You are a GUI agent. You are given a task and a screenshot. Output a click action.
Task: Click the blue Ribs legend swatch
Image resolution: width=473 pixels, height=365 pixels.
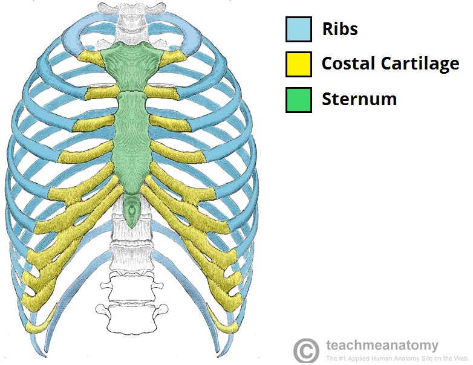pos(299,29)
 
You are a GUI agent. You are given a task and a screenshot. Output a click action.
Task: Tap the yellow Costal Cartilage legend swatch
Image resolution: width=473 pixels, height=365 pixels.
pos(299,64)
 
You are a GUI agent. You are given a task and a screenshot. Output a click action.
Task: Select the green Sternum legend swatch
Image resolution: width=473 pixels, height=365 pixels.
pos(299,100)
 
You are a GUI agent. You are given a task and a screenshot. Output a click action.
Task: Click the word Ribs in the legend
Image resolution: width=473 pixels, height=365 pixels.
pos(340,29)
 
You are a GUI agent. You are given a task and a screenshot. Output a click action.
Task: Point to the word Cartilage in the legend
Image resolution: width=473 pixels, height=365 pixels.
pos(420,64)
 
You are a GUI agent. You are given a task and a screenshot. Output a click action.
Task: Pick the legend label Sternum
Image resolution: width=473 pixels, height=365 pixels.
pos(359,99)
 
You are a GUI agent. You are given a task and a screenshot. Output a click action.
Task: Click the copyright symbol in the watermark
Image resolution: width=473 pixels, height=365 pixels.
pos(306,350)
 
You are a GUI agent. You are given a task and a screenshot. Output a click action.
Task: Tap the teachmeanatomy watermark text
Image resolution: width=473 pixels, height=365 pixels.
pos(382,346)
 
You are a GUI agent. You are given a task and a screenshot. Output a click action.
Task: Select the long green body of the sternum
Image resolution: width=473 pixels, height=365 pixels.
pos(132,141)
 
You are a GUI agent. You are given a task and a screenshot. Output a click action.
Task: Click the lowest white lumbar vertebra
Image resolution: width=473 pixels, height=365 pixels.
pos(132,318)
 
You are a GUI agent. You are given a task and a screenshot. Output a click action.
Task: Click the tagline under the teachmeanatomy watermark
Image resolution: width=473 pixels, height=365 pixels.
pos(397,359)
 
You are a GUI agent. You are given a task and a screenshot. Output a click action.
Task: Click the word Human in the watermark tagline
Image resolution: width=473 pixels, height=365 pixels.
pos(385,359)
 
